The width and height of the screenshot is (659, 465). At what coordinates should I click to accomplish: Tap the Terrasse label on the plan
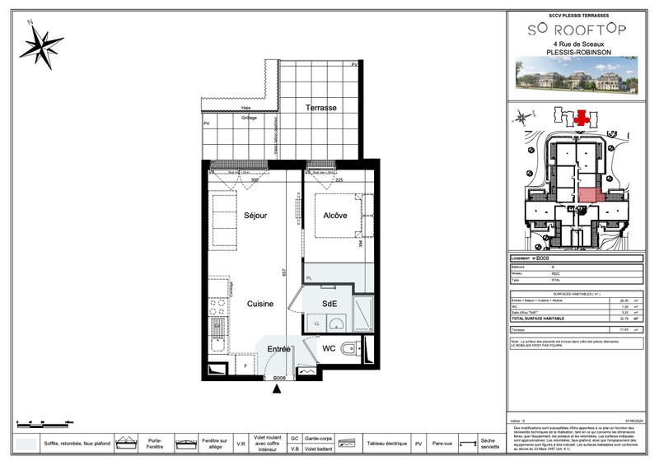(x=320, y=109)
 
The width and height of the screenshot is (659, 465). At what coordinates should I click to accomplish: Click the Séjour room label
(x=256, y=216)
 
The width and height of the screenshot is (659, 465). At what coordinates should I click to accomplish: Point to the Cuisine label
(x=260, y=305)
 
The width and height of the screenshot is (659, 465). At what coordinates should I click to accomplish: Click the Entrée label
(x=278, y=350)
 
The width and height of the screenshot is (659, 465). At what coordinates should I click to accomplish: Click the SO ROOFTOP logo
(x=577, y=29)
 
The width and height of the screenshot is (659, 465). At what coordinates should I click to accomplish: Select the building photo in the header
(x=577, y=73)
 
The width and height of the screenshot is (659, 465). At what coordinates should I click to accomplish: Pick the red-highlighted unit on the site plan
(x=588, y=195)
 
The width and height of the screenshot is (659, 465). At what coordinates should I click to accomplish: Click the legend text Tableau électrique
(x=386, y=444)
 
